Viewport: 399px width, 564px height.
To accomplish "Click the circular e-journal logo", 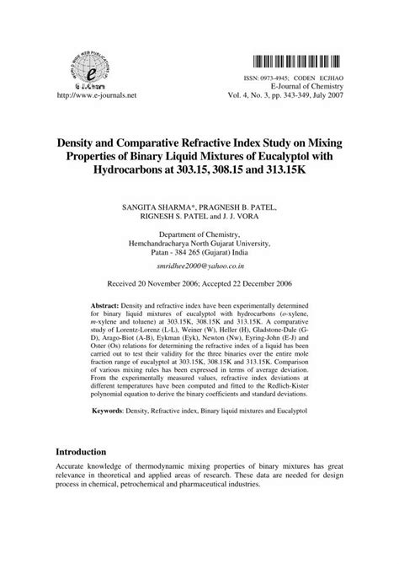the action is pos(83,62).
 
